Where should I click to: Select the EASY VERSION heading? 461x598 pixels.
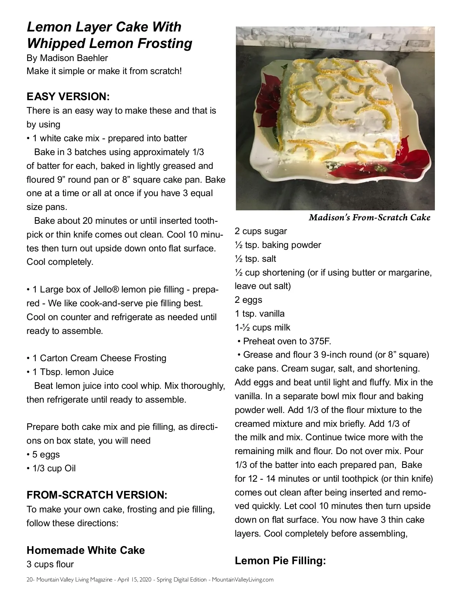[x=68, y=96]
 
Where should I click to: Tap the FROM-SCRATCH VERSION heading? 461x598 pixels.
[x=97, y=495]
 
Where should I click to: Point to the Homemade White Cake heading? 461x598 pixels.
[x=86, y=550]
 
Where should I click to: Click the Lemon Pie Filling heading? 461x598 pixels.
[x=280, y=560]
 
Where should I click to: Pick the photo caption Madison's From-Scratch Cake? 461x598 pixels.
[x=369, y=218]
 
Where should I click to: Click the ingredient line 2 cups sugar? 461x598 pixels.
[x=261, y=231]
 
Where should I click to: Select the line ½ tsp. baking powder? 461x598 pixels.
[x=278, y=245]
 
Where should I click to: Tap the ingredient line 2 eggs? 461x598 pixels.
[x=249, y=300]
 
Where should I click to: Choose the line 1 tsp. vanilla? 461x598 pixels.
[x=260, y=314]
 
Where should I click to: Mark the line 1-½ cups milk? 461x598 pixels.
[x=262, y=327]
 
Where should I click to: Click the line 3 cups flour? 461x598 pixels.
[x=50, y=564]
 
